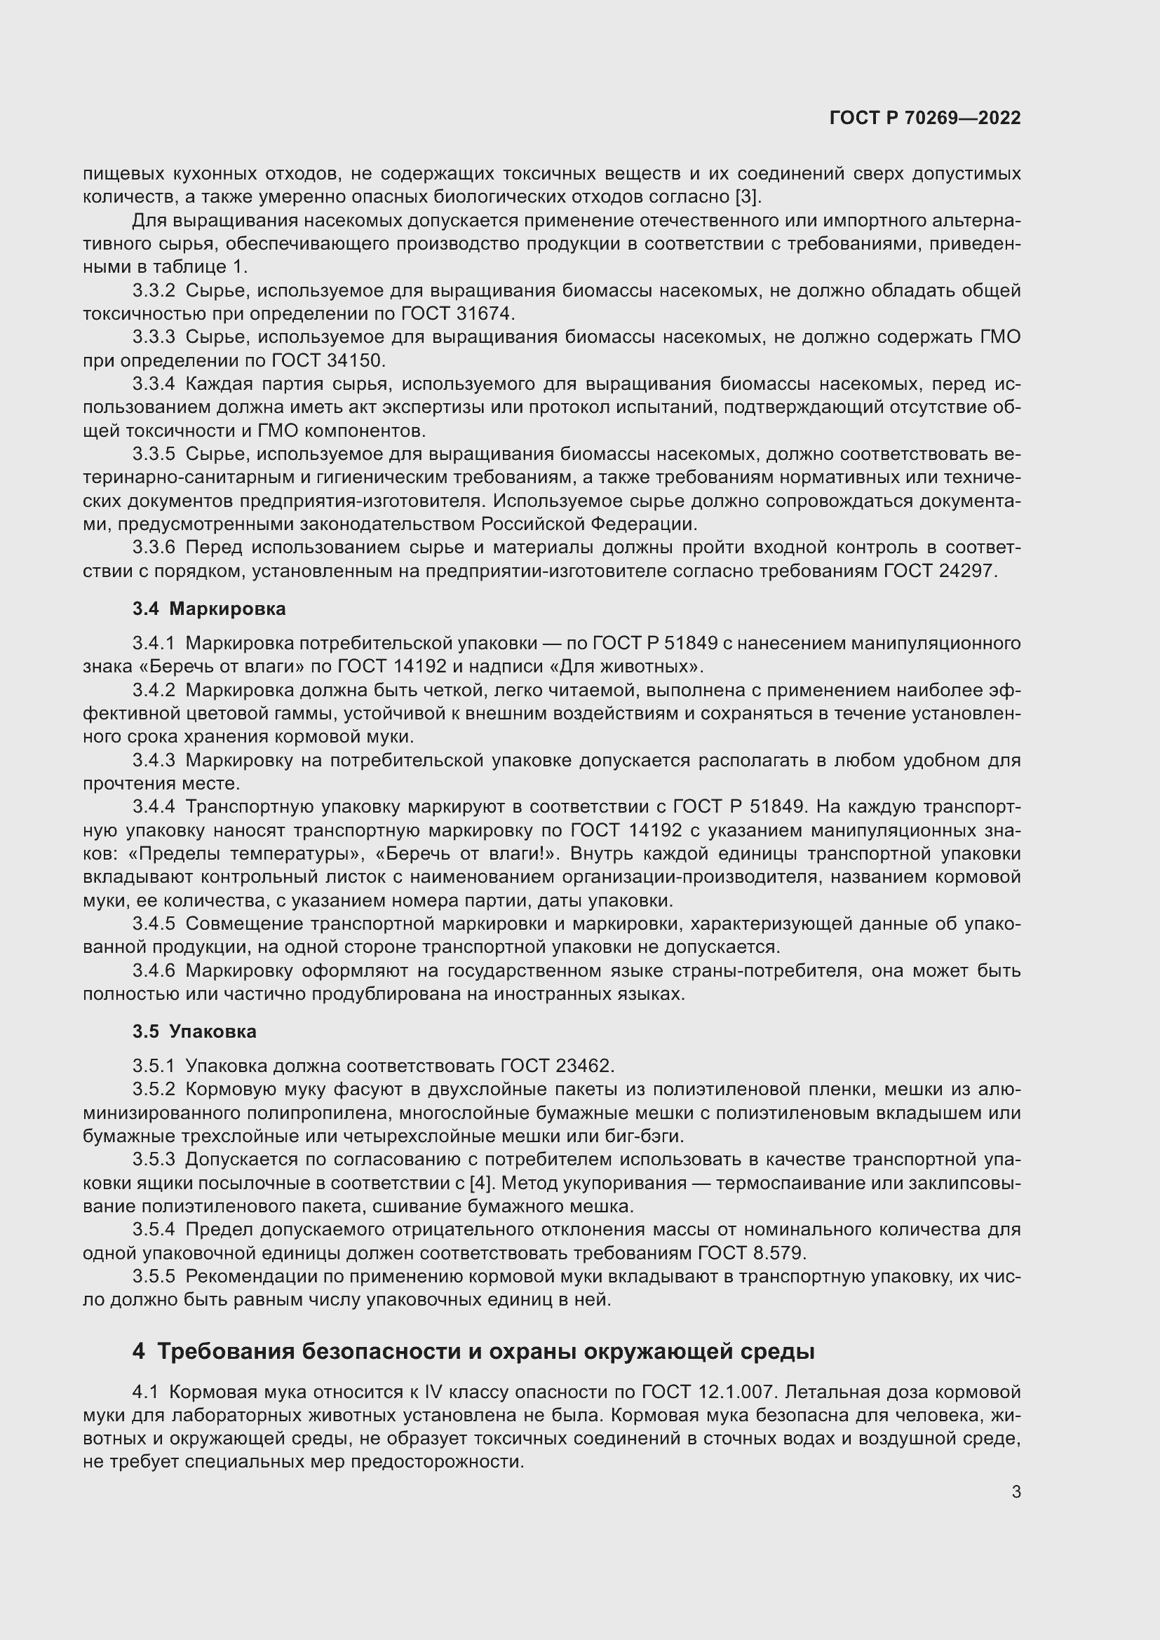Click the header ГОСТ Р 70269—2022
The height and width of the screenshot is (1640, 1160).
pyautogui.click(x=925, y=118)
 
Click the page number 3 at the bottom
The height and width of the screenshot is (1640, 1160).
pyautogui.click(x=1016, y=1492)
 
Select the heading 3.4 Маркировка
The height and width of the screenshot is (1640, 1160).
pyautogui.click(x=208, y=609)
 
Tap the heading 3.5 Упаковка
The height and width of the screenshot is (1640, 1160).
pyautogui.click(x=194, y=1031)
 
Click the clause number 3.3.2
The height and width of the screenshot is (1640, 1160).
pyautogui.click(x=154, y=291)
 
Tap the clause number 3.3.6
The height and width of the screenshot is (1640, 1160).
pyautogui.click(x=154, y=548)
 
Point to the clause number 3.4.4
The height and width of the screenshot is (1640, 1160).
pyautogui.click(x=154, y=807)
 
